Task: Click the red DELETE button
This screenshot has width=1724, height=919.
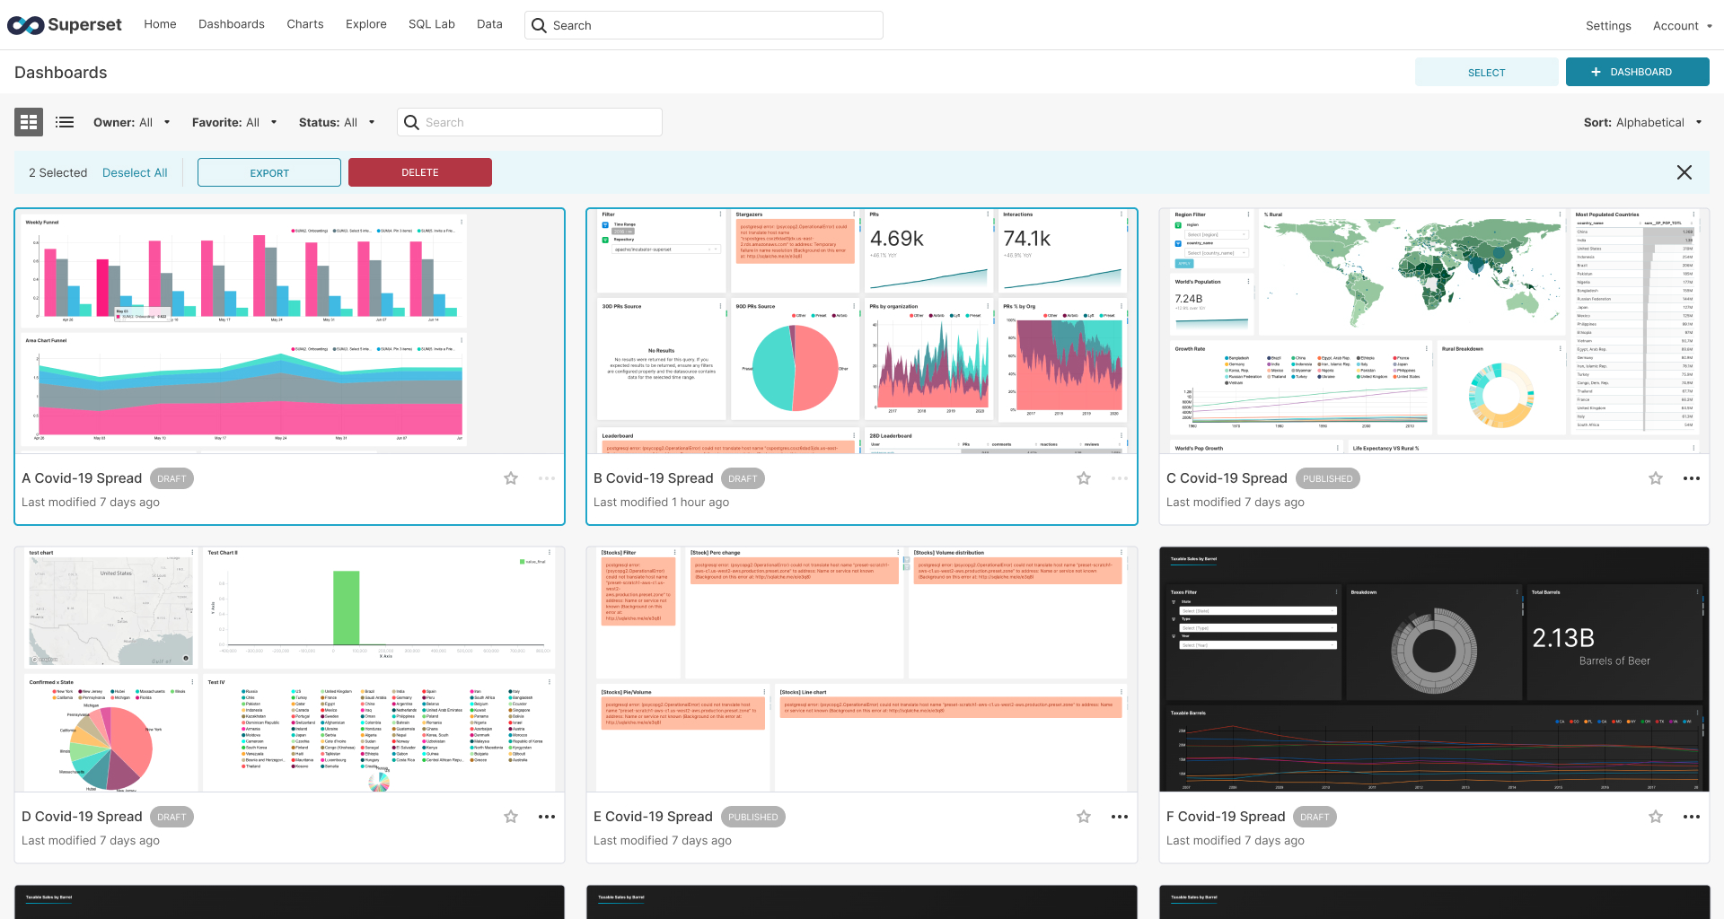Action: click(x=419, y=172)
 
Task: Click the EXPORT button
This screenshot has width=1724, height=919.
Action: click(x=269, y=172)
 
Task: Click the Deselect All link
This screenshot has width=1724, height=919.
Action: click(x=135, y=172)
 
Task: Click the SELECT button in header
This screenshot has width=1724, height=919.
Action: click(x=1486, y=73)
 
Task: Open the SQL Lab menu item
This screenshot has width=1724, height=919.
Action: click(x=431, y=24)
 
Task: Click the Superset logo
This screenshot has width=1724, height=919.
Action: click(x=65, y=25)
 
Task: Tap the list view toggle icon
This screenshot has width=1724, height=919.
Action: click(x=65, y=122)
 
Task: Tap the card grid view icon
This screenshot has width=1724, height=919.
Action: click(x=29, y=122)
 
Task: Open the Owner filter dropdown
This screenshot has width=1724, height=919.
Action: click(x=131, y=122)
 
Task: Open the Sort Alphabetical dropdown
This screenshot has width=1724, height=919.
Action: click(x=1642, y=122)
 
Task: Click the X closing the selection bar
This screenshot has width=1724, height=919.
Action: click(x=1684, y=172)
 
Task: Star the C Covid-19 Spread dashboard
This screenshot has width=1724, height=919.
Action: click(x=1655, y=478)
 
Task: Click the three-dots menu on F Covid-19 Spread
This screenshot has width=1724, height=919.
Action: click(x=1691, y=817)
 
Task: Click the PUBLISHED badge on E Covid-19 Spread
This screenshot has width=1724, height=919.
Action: click(x=752, y=817)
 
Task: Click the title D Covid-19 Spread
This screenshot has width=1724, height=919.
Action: click(x=82, y=817)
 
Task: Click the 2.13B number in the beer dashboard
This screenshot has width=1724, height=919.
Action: click(x=1562, y=638)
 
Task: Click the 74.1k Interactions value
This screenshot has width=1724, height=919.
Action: click(x=1026, y=239)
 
